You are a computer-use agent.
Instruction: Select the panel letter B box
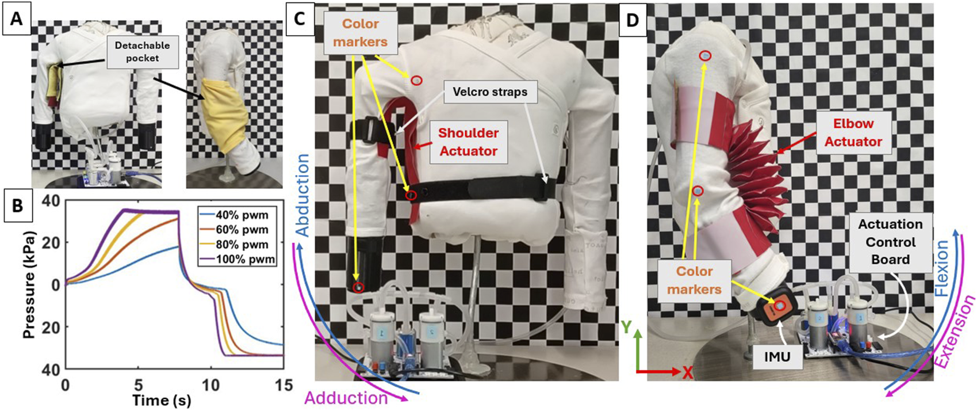coord(17,205)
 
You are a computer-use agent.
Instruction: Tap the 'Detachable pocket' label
coord(143,52)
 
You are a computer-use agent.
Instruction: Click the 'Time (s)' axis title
coord(162,399)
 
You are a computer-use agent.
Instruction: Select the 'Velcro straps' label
coord(490,92)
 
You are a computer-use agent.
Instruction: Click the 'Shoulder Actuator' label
coord(468,142)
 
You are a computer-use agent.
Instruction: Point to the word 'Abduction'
coord(303,196)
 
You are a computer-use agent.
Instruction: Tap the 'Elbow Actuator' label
coord(853,132)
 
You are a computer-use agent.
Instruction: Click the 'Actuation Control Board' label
coord(890,241)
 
